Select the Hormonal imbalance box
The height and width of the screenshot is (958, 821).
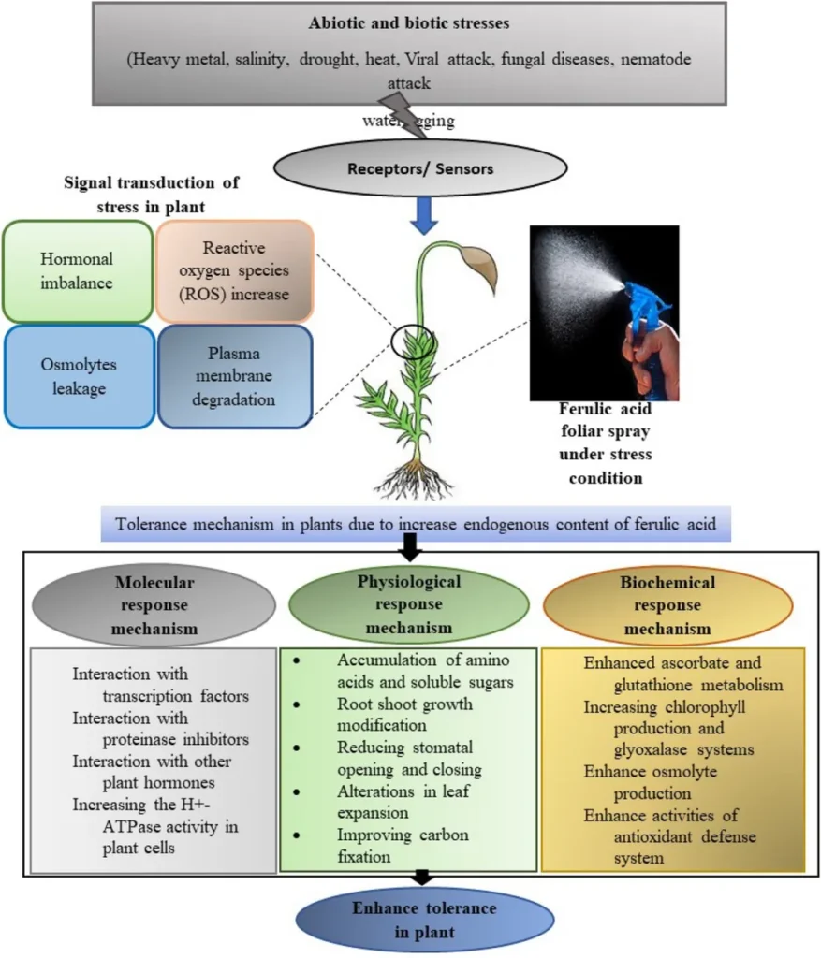[x=77, y=270]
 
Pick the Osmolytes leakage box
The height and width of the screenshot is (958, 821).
[x=79, y=376]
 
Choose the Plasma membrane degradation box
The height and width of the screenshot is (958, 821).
[x=234, y=376]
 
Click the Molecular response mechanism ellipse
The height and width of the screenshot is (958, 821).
[x=154, y=604]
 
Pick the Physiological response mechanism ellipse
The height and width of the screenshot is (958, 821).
[x=409, y=604]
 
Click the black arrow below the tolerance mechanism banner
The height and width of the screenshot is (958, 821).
[x=410, y=542]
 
